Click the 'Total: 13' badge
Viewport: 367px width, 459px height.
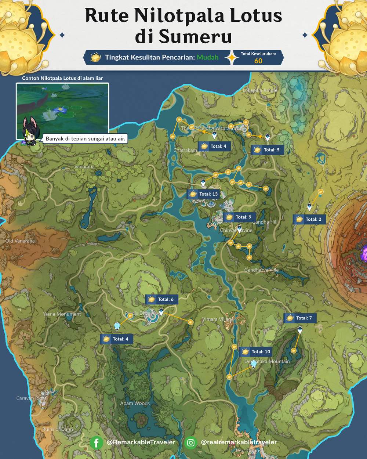204,194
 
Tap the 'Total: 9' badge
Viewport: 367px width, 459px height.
239,217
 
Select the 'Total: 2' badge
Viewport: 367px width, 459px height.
309,219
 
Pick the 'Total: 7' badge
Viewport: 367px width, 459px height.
300,318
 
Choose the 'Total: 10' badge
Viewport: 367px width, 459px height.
257,352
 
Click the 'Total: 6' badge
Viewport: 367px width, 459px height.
161,300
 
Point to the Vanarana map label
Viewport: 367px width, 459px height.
84,167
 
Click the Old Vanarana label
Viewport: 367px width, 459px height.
20,241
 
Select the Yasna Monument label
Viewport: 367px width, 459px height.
62,314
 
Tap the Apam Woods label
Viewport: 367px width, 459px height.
135,404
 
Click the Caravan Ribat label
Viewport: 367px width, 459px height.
31,398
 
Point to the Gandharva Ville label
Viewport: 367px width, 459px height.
261,270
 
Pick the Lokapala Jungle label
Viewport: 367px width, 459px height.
260,90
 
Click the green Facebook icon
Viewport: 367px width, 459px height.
96,443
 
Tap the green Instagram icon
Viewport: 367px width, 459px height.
190,443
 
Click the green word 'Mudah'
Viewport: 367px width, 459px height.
207,57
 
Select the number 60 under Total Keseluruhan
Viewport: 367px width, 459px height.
258,61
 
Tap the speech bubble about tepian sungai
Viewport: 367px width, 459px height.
86,139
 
